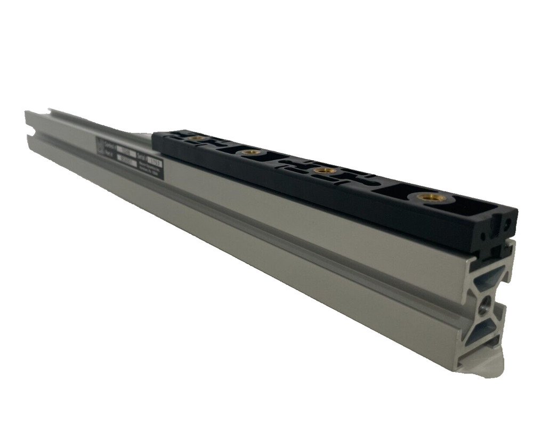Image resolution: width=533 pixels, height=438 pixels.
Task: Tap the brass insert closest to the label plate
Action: pyautogui.click(x=197, y=138)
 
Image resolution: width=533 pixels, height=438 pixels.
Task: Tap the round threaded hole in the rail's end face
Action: pyautogui.click(x=486, y=305)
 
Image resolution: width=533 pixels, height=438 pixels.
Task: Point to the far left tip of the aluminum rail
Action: pyautogui.click(x=26, y=113)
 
